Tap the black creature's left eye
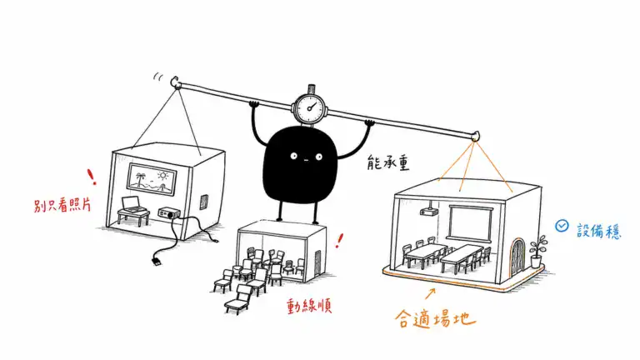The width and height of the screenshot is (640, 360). [293, 156]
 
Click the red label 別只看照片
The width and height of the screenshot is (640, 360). [62, 205]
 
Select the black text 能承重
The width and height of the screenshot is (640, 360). [387, 162]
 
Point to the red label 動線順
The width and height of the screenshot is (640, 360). [309, 306]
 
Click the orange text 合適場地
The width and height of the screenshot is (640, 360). [435, 319]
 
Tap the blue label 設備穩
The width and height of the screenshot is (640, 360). [599, 231]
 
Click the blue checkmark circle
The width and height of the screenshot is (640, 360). [562, 226]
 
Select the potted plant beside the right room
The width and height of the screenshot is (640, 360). [537, 252]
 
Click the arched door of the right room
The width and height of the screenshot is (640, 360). [517, 257]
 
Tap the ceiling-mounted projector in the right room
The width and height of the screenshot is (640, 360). [428, 209]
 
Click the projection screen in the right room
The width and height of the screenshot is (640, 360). [470, 222]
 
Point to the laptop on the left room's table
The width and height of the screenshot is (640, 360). [132, 204]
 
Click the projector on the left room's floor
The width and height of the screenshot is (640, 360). [169, 213]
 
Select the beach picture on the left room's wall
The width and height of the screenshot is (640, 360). [152, 180]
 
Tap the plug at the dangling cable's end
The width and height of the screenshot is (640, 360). [157, 261]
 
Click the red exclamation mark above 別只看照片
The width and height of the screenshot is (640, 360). [92, 177]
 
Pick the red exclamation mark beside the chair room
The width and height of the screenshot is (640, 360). [339, 241]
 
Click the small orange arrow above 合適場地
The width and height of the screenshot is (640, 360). [430, 293]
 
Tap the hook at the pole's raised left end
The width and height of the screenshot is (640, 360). [176, 82]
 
